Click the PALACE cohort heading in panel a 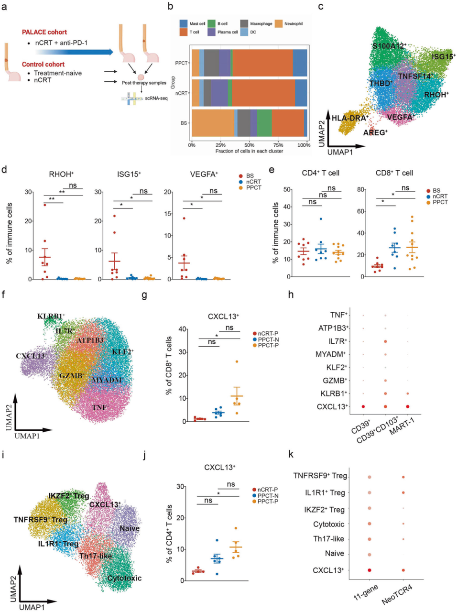point(44,32)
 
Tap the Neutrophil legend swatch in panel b point(279,23)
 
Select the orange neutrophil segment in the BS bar point(213,123)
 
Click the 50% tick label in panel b point(249,145)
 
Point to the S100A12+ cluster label point(389,46)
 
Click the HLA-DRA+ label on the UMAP point(350,118)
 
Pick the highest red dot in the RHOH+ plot point(45,205)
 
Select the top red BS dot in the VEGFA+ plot point(184,219)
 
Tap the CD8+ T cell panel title point(394,173)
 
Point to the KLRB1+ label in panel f point(51,317)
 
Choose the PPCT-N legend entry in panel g point(268,339)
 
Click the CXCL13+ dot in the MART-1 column point(408,406)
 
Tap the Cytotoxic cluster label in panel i point(124,578)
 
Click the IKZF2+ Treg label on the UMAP point(68,496)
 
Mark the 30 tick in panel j point(181,487)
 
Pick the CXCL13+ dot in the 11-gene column point(370,570)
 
